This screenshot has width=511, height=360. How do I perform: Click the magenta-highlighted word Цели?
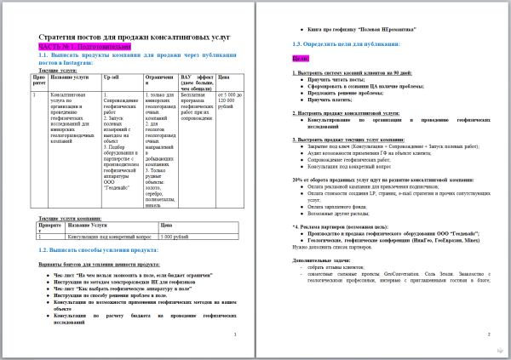(299, 60)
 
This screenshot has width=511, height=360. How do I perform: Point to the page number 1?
(235, 334)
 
